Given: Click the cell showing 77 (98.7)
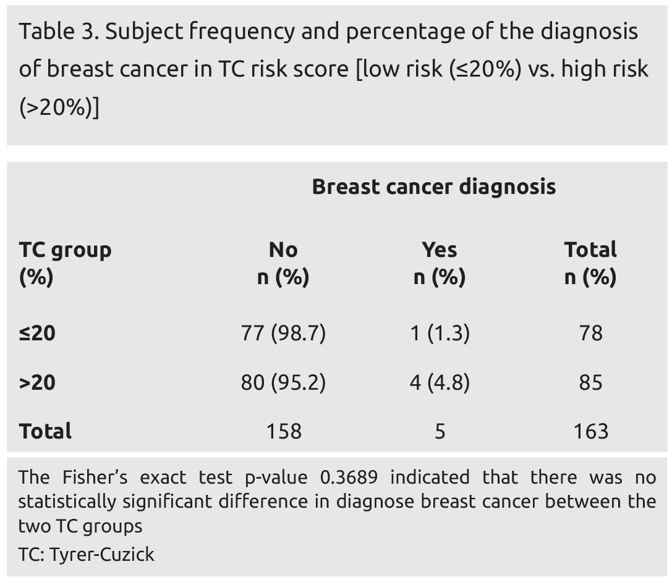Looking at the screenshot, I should (x=283, y=334).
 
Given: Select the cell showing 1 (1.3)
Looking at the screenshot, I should (x=439, y=334).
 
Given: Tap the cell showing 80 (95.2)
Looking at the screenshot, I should (x=283, y=383).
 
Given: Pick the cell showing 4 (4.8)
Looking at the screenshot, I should (x=439, y=383).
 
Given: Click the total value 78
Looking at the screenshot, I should (x=590, y=334).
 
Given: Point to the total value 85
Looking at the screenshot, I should (x=590, y=383).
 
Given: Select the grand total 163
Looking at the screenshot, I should (x=590, y=431).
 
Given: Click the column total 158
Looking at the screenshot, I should (x=283, y=431).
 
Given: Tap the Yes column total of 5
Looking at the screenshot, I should (x=439, y=431).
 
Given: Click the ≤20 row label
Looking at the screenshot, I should (x=37, y=334).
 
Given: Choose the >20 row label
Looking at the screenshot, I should (x=37, y=383).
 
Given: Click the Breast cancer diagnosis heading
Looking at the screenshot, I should (x=433, y=187).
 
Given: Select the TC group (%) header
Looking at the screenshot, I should (x=65, y=263).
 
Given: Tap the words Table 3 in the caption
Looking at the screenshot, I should (x=56, y=32).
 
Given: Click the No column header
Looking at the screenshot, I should (x=283, y=250).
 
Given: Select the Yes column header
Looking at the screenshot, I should (x=439, y=250).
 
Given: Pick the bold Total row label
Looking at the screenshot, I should (x=45, y=431).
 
